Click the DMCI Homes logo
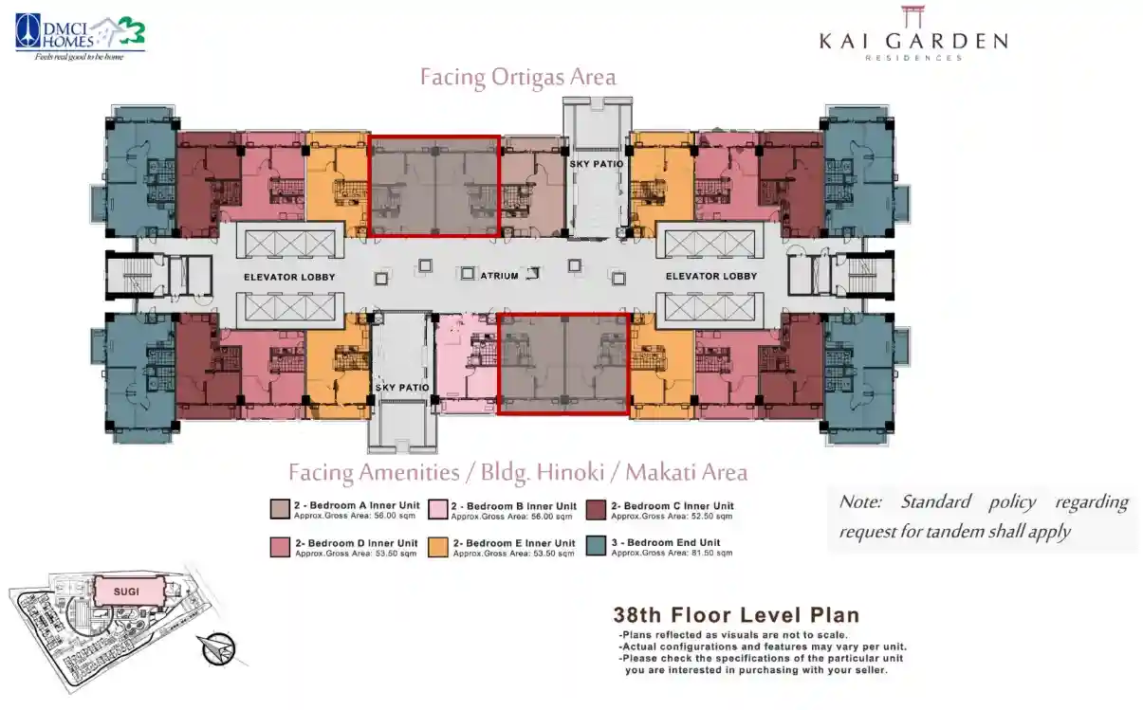click(x=80, y=38)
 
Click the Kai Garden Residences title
click(x=913, y=34)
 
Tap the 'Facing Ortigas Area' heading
click(x=518, y=78)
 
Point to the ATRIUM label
click(x=499, y=276)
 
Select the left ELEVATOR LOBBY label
click(x=289, y=277)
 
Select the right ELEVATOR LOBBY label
click(x=711, y=276)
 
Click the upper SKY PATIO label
click(x=597, y=164)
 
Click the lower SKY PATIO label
click(x=402, y=388)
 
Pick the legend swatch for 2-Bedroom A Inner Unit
click(x=280, y=510)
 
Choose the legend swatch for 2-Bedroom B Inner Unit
click(x=438, y=510)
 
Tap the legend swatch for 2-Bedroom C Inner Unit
click(x=596, y=510)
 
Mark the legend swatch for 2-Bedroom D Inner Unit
click(x=280, y=547)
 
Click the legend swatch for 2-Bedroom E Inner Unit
click(x=438, y=547)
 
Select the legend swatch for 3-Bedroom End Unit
click(x=596, y=546)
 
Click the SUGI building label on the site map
click(x=126, y=592)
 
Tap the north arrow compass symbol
click(x=217, y=649)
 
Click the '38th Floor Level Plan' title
click(x=736, y=615)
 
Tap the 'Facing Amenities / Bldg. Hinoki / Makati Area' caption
click(x=518, y=472)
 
